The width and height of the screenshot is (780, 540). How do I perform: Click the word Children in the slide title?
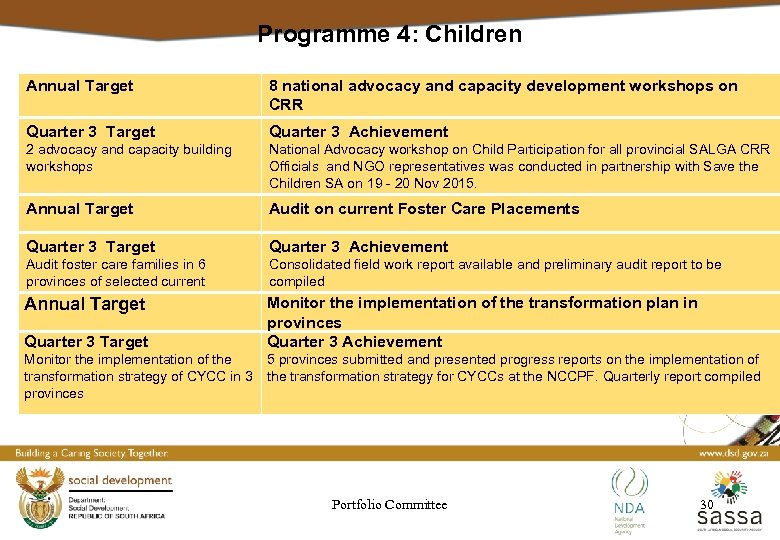473,34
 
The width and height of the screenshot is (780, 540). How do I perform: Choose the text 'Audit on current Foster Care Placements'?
424,209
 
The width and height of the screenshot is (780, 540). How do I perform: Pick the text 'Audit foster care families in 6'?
116,265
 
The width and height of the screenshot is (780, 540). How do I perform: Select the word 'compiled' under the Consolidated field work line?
297,282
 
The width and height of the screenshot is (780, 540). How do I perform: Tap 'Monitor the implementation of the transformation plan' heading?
482,303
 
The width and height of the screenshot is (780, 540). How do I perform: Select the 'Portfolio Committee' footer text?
389,505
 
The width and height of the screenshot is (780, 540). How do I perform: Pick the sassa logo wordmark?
729,518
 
